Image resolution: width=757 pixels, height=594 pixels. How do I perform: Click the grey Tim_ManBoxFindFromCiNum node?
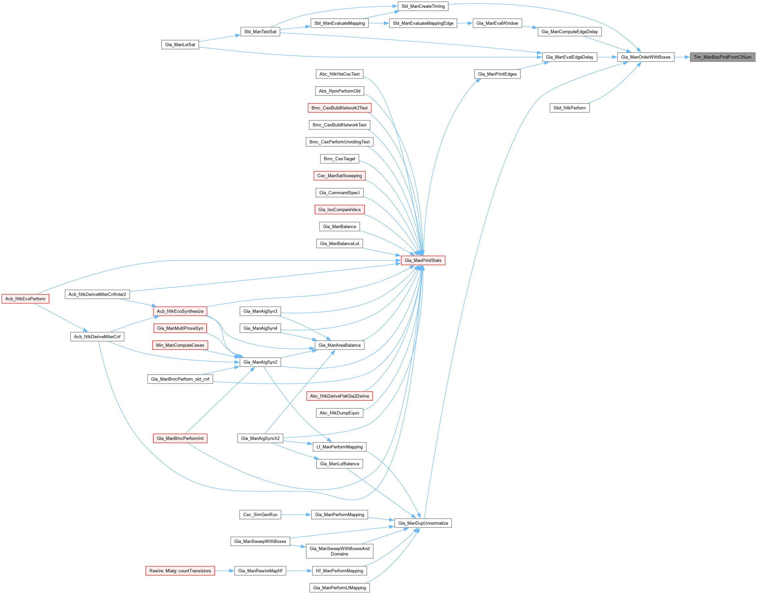(x=722, y=57)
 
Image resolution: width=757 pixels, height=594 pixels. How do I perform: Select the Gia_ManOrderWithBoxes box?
(x=645, y=57)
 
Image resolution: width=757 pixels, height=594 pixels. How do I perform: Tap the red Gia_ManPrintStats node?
(x=423, y=260)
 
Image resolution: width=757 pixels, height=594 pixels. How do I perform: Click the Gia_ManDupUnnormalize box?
(x=423, y=523)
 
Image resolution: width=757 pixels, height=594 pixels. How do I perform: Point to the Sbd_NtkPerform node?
(x=569, y=108)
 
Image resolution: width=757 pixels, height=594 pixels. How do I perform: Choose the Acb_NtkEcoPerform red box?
(x=25, y=299)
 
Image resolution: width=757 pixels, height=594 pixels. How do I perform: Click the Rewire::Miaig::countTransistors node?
(x=180, y=571)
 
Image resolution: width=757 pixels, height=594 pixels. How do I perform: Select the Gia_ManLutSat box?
(x=180, y=44)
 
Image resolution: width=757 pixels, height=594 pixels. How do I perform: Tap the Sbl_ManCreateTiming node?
(x=423, y=6)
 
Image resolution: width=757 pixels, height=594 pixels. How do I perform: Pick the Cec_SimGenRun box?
(x=260, y=514)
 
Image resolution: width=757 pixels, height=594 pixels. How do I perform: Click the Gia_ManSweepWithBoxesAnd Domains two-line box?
(x=339, y=551)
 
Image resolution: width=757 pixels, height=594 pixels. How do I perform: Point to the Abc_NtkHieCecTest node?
(x=339, y=74)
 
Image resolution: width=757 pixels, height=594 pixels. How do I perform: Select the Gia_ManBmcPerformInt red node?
(x=180, y=438)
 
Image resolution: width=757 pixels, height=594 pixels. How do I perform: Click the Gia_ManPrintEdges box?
(x=497, y=74)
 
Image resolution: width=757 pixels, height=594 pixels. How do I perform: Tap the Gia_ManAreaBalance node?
(x=339, y=345)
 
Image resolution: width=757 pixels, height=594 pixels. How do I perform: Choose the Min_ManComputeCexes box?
(x=180, y=345)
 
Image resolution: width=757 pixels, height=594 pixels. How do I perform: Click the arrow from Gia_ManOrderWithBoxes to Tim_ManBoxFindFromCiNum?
(x=682, y=57)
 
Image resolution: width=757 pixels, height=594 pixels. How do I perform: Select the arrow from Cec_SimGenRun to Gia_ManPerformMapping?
(x=296, y=514)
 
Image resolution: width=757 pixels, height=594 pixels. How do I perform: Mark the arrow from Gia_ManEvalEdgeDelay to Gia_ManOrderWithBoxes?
(x=607, y=57)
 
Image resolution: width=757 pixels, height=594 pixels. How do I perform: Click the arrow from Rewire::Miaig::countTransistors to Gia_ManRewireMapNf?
(x=225, y=571)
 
